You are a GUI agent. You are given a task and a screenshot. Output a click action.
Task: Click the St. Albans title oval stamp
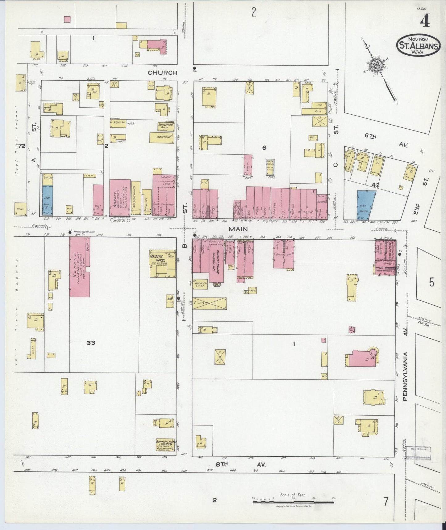coord(418,45)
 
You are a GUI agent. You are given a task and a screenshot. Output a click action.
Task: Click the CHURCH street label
coord(162,73)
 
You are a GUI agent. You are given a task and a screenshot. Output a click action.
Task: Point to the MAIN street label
coord(238,229)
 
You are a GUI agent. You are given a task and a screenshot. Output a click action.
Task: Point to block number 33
coord(91,343)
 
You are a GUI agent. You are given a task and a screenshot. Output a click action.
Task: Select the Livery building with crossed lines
coord(209,303)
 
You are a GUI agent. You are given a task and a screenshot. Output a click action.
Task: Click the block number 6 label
coord(264,148)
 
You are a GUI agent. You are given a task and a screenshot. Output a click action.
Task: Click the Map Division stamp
coord(418,449)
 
